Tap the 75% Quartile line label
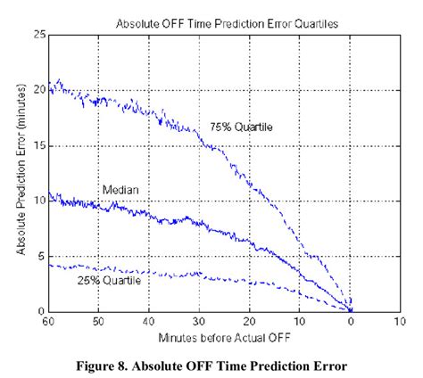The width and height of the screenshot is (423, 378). click(x=241, y=127)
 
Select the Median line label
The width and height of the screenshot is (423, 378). click(x=119, y=190)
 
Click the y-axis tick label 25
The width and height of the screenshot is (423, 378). click(x=38, y=35)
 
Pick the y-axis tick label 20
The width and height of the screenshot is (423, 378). click(x=38, y=90)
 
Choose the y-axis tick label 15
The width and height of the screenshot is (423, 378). click(x=38, y=145)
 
